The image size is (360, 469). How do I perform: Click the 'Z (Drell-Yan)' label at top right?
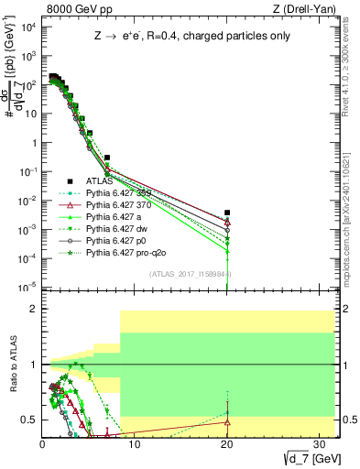tap(305, 9)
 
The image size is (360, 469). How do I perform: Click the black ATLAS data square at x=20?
tap(226, 213)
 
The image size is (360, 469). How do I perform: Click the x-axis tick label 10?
tap(134, 446)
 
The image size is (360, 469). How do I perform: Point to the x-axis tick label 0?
tap(42, 446)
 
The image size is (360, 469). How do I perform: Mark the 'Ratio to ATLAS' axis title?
tap(12, 366)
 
